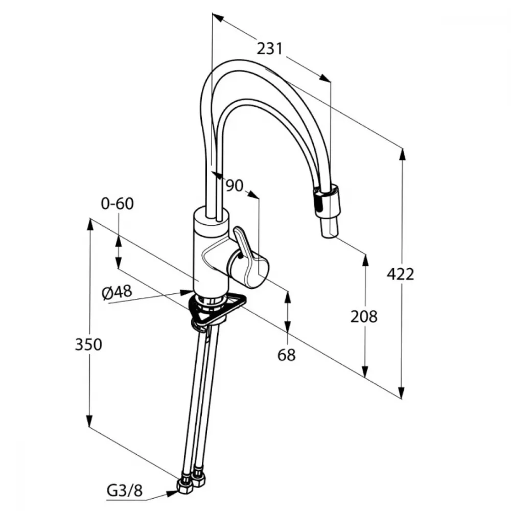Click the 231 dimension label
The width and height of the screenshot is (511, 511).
(x=269, y=49)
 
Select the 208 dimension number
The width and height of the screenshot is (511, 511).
(x=364, y=316)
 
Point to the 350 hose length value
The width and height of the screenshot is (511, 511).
(x=88, y=344)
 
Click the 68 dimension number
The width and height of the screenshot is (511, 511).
(x=287, y=355)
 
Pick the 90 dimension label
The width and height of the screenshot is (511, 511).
(x=235, y=186)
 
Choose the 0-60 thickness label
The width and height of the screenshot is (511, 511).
(x=118, y=204)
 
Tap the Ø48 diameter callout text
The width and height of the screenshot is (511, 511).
(x=118, y=292)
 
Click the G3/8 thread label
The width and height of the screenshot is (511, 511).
(x=125, y=491)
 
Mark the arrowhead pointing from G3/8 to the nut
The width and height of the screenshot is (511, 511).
(x=172, y=494)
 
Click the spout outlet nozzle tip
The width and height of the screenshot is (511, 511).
(x=330, y=230)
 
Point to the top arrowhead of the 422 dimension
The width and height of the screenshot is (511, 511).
(x=403, y=155)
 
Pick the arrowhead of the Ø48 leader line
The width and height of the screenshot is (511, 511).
(x=187, y=291)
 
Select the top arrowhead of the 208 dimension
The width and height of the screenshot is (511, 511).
(x=365, y=261)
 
